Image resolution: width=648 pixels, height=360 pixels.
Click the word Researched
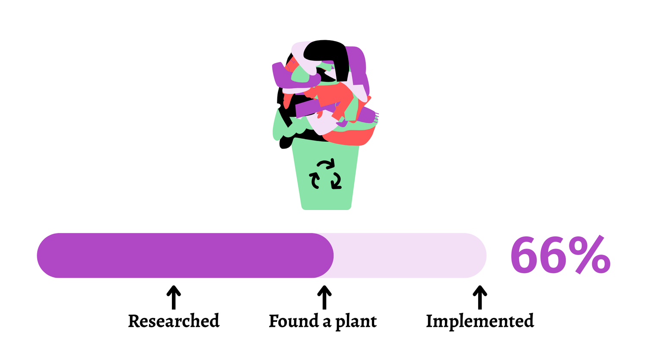pyautogui.click(x=174, y=321)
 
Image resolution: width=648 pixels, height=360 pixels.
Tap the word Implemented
pyautogui.click(x=480, y=321)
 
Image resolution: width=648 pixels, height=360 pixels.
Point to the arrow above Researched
pyautogui.click(x=174, y=297)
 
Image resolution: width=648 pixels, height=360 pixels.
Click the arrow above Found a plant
pyautogui.click(x=324, y=297)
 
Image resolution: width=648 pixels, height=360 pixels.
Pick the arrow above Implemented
pyautogui.click(x=480, y=297)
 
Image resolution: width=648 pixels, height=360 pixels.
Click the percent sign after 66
pyautogui.click(x=590, y=255)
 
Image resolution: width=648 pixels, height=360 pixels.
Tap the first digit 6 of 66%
pyautogui.click(x=524, y=256)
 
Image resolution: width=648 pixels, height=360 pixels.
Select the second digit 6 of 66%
pyautogui.click(x=553, y=256)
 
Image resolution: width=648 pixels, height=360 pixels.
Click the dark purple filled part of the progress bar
pyautogui.click(x=181, y=255)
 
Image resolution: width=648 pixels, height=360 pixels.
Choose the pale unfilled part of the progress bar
pyautogui.click(x=410, y=255)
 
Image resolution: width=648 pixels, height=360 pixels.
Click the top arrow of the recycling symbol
pyautogui.click(x=326, y=164)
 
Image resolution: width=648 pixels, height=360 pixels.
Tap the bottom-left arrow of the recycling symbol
pyautogui.click(x=314, y=180)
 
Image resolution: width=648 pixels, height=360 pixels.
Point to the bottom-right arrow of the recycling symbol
pyautogui.click(x=336, y=181)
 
